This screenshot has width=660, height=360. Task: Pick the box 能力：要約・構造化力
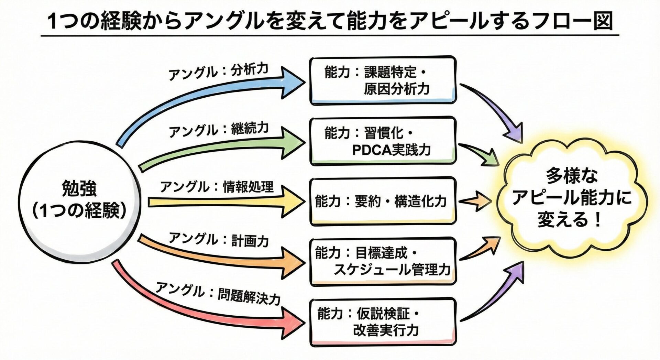coord(383,201)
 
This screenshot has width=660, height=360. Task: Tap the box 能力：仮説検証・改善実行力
coord(383,322)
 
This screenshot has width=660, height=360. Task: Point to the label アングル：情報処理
coord(217,187)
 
